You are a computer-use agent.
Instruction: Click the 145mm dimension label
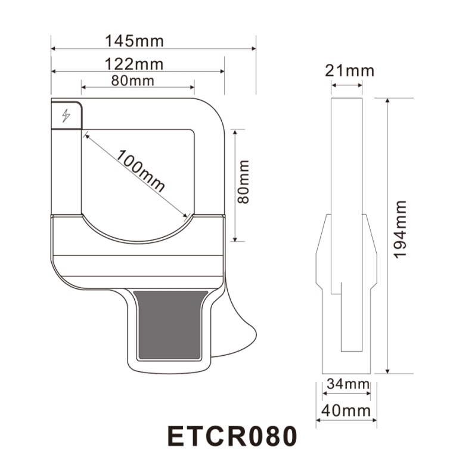coord(134,41)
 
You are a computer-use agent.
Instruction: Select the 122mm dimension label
coord(134,64)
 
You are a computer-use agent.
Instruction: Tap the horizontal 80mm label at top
coord(133,81)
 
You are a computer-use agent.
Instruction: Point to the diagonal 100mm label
coord(141,171)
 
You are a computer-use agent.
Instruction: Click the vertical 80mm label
coord(243,181)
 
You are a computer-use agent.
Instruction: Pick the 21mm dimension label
coord(349,70)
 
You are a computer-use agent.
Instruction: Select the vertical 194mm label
coord(401,229)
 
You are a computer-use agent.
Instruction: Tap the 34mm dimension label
coord(348,384)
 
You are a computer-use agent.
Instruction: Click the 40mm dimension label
coord(346,411)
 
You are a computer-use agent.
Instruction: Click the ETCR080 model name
coord(232,436)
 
